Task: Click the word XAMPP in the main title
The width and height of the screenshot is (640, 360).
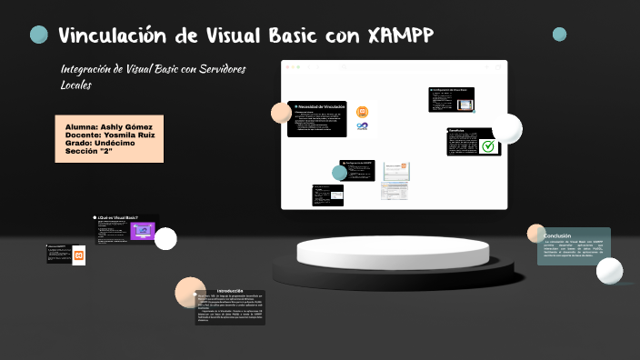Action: [401, 35]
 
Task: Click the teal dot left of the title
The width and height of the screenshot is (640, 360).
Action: [39, 35]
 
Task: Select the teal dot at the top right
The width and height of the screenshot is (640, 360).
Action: [559, 35]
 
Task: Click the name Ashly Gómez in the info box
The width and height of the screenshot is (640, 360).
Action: [126, 125]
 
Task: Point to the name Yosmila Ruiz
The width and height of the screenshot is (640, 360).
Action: [135, 134]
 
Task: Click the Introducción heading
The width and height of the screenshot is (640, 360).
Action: [230, 290]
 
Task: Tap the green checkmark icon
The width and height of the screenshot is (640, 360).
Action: [489, 145]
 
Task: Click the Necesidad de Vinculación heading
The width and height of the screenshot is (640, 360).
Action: [319, 107]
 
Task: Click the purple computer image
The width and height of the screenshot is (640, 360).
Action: [142, 231]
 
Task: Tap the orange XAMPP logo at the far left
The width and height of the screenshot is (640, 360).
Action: [79, 256]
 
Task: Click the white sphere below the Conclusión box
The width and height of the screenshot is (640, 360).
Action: [609, 270]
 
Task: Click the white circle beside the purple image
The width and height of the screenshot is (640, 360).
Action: [165, 238]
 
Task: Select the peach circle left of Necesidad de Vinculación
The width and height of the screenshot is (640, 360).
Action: [281, 113]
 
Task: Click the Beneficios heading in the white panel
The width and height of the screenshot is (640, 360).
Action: [458, 130]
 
